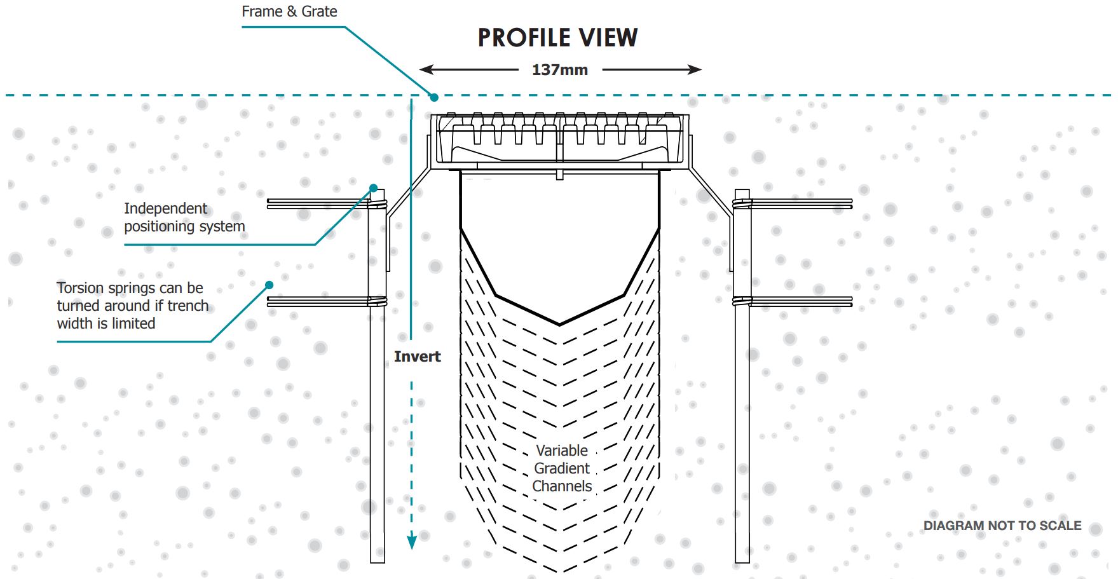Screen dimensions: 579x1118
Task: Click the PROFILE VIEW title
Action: (x=557, y=38)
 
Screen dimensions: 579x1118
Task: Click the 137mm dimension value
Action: (x=560, y=70)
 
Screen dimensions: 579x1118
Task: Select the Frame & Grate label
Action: (x=289, y=11)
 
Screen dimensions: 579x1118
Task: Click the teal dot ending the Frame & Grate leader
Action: (x=434, y=97)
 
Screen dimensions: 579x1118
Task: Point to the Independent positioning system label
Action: (x=184, y=217)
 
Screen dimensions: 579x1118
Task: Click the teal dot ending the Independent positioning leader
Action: (x=374, y=188)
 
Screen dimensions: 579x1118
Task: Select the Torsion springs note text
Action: (x=133, y=306)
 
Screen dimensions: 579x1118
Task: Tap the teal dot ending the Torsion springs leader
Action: (x=269, y=285)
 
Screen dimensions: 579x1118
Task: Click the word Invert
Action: (x=417, y=357)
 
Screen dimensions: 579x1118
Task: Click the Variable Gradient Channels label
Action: (x=562, y=468)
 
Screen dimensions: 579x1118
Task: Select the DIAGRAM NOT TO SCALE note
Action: (x=1002, y=526)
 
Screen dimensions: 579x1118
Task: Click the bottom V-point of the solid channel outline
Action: (x=559, y=324)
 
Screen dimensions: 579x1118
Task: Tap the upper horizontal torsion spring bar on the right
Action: (x=801, y=203)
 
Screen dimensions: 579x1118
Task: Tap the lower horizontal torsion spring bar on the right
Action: (x=801, y=301)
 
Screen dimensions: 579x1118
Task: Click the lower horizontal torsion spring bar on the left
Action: (x=318, y=301)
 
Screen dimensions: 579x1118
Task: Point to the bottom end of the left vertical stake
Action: (x=378, y=561)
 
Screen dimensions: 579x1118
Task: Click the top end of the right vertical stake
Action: (x=742, y=191)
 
